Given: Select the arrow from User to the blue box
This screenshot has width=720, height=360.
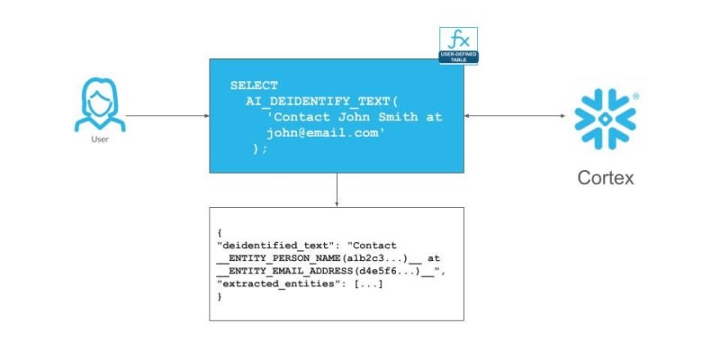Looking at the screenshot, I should [167, 116].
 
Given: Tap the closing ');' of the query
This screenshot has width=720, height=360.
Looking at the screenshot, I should [260, 149].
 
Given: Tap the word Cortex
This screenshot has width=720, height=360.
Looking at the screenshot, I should [605, 177].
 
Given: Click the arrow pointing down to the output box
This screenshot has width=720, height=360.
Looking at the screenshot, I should [337, 190].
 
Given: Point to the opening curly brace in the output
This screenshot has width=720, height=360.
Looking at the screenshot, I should [220, 233].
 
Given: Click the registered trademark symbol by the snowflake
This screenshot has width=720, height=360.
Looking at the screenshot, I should [636, 94].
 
